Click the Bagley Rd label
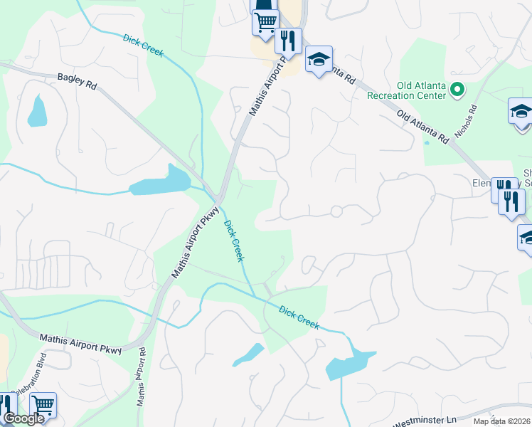tap(77, 80)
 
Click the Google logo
tap(23, 418)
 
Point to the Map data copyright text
tap(501, 421)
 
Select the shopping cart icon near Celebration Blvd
tap(43, 406)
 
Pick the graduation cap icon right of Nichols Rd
tap(521, 112)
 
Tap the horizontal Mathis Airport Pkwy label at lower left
tap(82, 344)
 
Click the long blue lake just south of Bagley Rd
tap(160, 183)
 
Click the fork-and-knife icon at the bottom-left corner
tap(7, 406)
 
